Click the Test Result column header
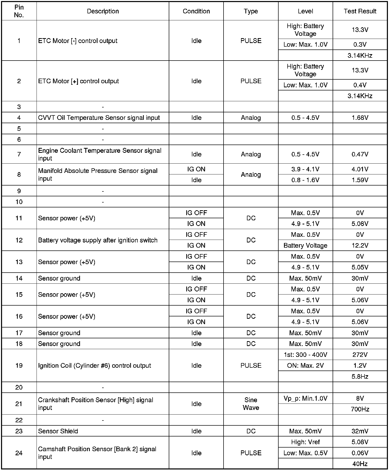pos(360,11)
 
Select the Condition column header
pos(196,11)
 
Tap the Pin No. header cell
pos(19,11)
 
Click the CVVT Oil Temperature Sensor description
pos(99,118)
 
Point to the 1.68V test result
pos(360,118)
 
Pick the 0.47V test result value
pos(360,154)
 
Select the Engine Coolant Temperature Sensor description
pos(100,154)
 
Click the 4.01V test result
pos(360,169)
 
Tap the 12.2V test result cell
pos(360,246)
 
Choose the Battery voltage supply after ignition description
pos(98,240)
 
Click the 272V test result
pos(360,355)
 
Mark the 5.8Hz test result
pos(360,377)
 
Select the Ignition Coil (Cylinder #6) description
pos(94,366)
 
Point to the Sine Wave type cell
pos(251,404)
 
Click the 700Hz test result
pos(360,409)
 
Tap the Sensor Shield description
pos(58,431)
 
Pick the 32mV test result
pos(360,431)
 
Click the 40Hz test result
pos(360,464)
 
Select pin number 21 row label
pos(19,404)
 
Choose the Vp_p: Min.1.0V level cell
pos(305,399)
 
